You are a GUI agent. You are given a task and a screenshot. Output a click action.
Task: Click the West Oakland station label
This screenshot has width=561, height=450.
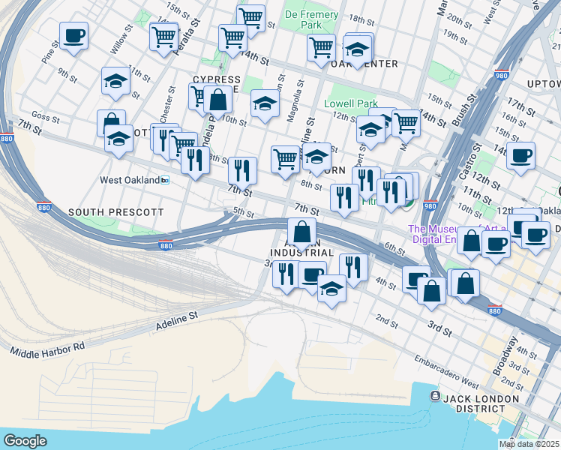pos(130,181)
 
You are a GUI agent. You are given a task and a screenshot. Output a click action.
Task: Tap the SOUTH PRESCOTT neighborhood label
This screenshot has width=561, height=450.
pos(115,212)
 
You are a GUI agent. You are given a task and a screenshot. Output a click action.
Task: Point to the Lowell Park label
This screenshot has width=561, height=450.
pos(348,104)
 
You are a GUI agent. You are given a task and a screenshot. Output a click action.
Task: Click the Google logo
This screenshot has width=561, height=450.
pos(25,441)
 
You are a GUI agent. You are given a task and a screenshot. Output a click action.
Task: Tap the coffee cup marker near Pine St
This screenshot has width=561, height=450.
pos(73,37)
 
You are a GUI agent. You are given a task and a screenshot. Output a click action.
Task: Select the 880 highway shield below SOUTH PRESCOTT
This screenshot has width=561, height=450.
pos(166,245)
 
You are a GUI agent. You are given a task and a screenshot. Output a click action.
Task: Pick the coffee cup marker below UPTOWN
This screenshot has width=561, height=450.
pos(520,156)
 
